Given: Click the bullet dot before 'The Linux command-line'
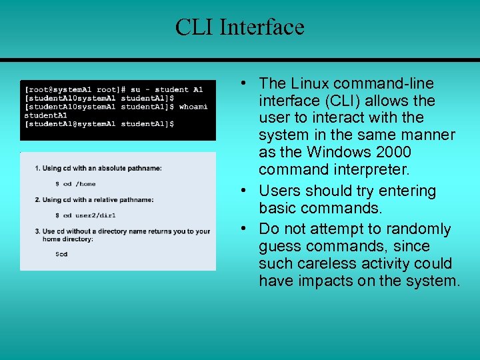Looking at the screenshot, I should click(x=245, y=83).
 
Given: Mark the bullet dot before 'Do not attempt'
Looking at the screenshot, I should click(x=245, y=229).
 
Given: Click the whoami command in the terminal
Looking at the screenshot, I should click(x=193, y=107).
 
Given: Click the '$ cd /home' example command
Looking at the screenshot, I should click(x=75, y=184).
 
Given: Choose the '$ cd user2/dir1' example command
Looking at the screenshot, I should click(x=85, y=215).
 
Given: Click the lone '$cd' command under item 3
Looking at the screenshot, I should click(x=61, y=254).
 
